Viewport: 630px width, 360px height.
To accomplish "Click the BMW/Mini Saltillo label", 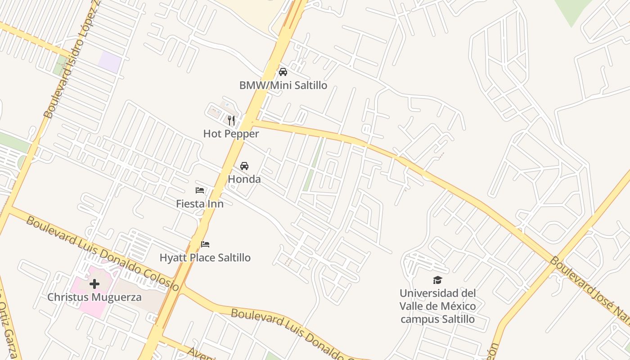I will click(283, 85).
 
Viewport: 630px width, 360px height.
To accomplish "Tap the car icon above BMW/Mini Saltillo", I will click(283, 72).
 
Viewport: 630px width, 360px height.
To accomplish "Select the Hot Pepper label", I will click(231, 134).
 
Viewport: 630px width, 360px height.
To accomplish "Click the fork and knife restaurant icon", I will click(231, 120).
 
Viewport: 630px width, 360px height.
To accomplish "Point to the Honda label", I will click(244, 179).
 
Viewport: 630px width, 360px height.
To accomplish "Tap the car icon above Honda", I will click(244, 166).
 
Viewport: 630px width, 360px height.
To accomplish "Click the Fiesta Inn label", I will click(200, 203).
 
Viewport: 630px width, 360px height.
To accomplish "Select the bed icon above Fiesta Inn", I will click(200, 190).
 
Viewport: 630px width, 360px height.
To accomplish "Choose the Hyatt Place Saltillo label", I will click(205, 258).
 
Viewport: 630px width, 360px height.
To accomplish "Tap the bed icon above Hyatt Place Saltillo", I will click(205, 244).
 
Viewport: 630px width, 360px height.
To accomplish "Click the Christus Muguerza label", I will click(94, 297).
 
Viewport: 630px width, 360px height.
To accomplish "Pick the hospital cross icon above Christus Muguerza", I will click(94, 284).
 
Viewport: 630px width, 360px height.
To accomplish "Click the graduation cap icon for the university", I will click(438, 280).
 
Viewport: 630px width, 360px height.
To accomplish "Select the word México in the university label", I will click(457, 306).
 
